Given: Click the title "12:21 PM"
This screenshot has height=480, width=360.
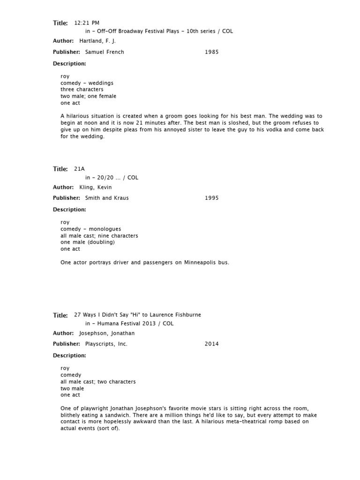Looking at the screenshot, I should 87,22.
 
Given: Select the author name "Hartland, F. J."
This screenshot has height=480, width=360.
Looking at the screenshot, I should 97,41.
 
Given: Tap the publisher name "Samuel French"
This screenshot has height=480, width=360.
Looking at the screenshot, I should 105,52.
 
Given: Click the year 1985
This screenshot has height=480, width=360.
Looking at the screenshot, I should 211,52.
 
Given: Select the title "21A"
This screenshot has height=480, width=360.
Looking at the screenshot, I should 80,169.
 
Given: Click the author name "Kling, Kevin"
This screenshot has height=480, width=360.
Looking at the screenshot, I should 96,187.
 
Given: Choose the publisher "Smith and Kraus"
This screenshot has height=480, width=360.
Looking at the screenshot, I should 107,198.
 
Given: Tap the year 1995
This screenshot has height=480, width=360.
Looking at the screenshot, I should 211,198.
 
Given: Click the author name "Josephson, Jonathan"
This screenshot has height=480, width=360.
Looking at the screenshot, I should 107,333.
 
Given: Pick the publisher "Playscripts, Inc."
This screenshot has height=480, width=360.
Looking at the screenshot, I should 106,344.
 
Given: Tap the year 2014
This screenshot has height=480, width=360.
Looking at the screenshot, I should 211,344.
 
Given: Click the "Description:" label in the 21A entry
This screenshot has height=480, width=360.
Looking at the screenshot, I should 69,210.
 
